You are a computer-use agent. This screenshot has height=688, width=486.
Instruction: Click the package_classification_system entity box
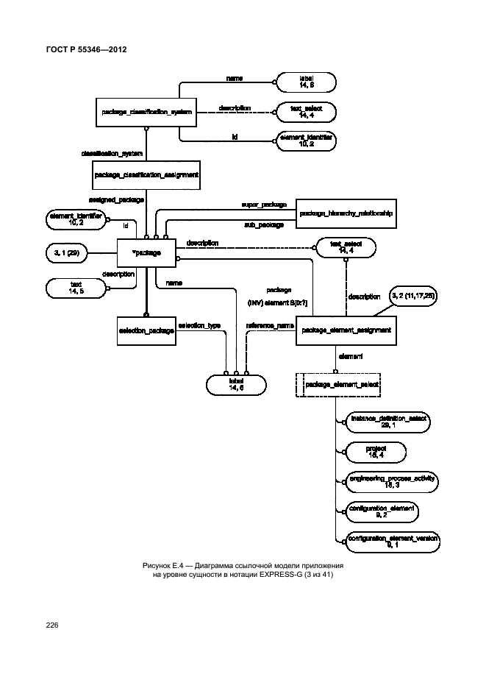coord(137,113)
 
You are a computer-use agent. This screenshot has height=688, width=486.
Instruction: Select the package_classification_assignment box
coord(147,175)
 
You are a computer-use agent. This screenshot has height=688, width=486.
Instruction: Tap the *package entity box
coord(146,254)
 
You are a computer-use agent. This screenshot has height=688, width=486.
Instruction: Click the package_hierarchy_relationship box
coord(346,213)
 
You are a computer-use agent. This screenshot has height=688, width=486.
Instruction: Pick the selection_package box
coord(146,331)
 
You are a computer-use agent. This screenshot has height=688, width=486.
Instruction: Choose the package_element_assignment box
coord(346,331)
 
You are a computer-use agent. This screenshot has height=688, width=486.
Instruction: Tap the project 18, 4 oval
coord(376,450)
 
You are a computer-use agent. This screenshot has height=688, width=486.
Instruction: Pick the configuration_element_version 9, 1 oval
coord(392,541)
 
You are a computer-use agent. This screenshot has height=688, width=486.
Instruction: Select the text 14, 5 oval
coord(76,288)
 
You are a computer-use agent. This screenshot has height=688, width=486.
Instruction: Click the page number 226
coord(51,625)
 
